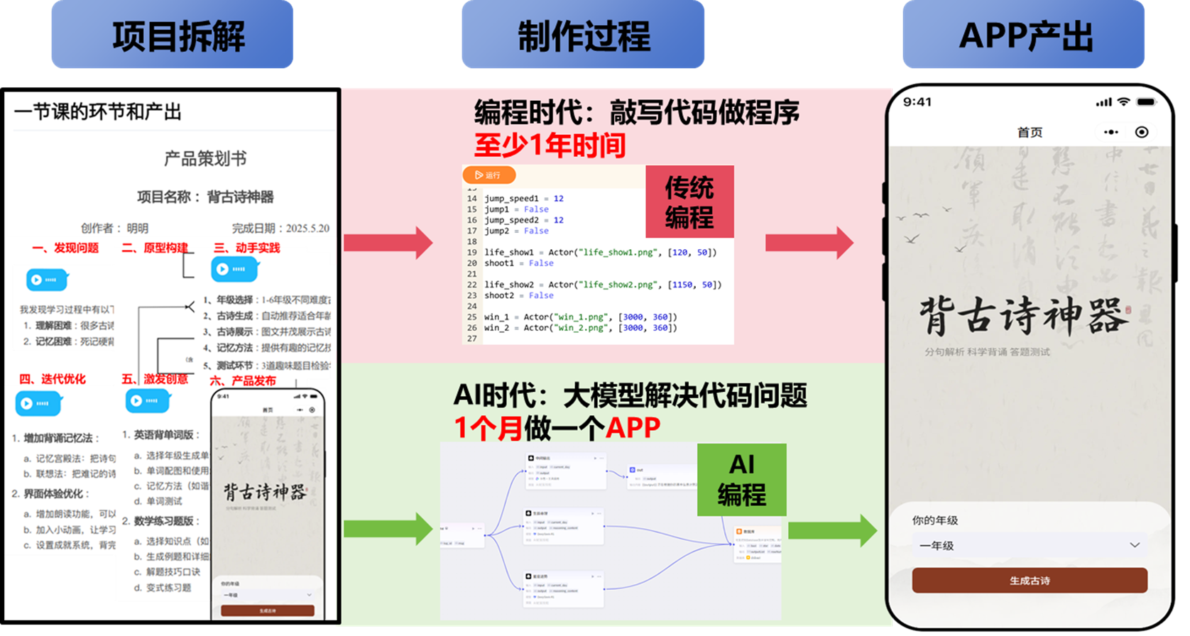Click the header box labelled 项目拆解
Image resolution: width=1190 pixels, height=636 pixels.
tap(173, 35)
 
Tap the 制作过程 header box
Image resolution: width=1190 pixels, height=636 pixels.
tap(583, 35)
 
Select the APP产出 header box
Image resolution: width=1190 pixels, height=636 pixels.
tap(1024, 35)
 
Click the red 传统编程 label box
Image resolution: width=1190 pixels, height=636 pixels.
tap(689, 202)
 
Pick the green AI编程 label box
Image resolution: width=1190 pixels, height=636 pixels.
tap(741, 480)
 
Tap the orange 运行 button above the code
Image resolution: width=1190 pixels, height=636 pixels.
tap(488, 175)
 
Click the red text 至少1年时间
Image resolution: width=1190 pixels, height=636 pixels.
tap(550, 146)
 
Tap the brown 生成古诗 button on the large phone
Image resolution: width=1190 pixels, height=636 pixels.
tap(1030, 581)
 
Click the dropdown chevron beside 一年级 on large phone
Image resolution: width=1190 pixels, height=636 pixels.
tap(1134, 545)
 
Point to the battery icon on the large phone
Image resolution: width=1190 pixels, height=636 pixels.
tap(1146, 102)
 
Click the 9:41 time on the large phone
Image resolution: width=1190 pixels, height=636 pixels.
tap(917, 102)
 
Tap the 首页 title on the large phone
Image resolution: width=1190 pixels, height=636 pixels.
tap(1030, 133)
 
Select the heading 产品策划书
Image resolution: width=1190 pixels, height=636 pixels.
tap(205, 159)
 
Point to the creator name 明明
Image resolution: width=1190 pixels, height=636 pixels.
tap(138, 229)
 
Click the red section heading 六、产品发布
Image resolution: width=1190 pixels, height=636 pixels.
tap(243, 381)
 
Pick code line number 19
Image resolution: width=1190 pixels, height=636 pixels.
tap(472, 253)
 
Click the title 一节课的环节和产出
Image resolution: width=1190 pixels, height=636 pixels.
tap(98, 112)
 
